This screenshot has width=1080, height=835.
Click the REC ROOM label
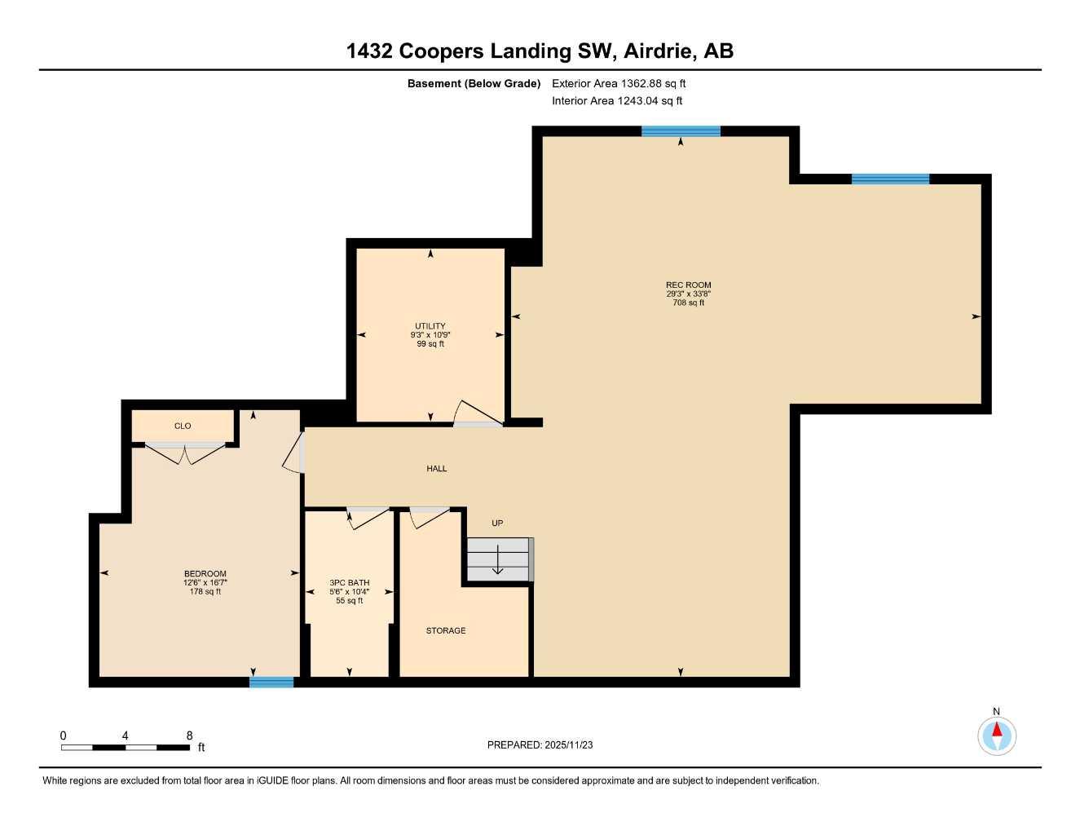click(x=688, y=285)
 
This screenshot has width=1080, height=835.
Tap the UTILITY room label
click(x=430, y=326)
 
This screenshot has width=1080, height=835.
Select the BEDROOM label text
click(x=205, y=574)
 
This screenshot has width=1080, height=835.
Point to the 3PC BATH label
click(x=349, y=583)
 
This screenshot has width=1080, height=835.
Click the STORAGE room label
click(x=446, y=631)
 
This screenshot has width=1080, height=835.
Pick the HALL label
click(x=437, y=469)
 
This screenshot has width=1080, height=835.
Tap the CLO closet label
click(x=183, y=426)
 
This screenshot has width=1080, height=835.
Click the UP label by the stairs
click(x=497, y=524)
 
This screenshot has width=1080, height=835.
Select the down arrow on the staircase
click(x=497, y=562)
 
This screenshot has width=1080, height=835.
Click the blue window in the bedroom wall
click(x=271, y=682)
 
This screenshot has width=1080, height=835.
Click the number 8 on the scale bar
click(x=189, y=736)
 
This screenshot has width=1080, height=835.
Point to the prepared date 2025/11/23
click(x=540, y=745)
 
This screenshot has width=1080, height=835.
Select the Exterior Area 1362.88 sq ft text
click(x=619, y=83)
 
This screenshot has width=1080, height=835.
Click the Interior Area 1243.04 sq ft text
click(x=617, y=101)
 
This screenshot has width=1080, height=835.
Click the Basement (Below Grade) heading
click(x=474, y=83)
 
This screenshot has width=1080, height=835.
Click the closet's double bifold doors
click(x=185, y=453)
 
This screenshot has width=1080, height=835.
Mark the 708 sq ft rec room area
click(x=688, y=303)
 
